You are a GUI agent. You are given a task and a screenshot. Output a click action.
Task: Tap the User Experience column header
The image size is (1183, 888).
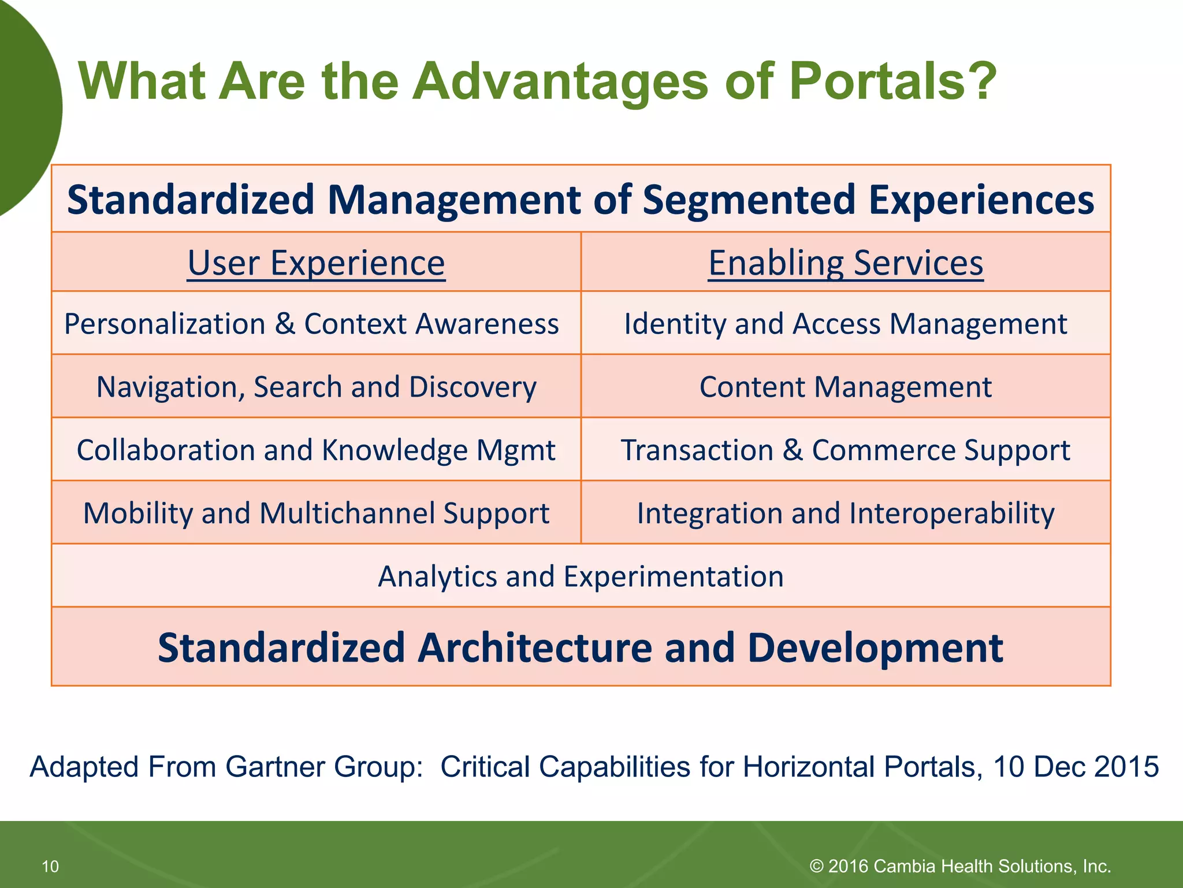[x=316, y=263]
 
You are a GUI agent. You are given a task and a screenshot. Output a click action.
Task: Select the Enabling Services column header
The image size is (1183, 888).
[x=846, y=263]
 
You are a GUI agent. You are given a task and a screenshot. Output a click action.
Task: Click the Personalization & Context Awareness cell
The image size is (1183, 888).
[x=311, y=324]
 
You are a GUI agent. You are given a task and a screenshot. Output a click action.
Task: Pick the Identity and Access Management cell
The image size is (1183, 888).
[x=846, y=324]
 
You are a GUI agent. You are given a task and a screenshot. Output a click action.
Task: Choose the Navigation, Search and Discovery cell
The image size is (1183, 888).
[x=316, y=387]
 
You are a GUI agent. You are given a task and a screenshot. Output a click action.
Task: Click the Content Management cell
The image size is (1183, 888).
[x=846, y=387]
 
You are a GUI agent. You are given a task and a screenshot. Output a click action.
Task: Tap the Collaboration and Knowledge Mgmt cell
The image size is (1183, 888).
[x=316, y=450]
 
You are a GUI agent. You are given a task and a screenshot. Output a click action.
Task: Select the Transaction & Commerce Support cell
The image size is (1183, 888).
[x=846, y=450]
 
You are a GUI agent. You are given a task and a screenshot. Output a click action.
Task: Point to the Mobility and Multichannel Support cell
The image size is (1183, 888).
[x=316, y=513]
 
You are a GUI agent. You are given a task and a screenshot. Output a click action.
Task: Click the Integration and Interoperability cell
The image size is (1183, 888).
[x=846, y=513]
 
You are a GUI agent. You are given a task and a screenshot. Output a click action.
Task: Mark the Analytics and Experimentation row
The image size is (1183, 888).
[x=581, y=576]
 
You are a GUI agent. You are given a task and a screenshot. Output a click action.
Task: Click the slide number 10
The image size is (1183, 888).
[x=50, y=866]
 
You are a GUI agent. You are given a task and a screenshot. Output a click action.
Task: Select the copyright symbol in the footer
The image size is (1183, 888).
[x=816, y=866]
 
